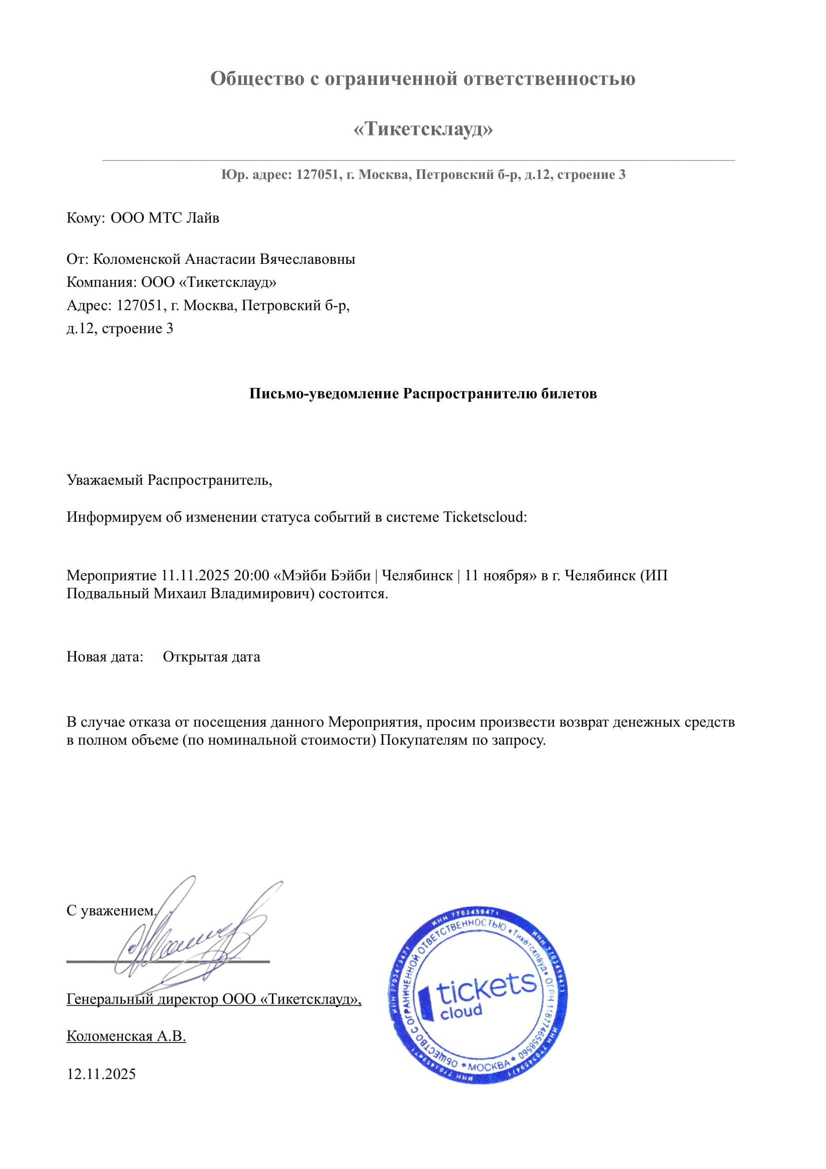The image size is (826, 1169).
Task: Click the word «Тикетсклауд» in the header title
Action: tap(423, 129)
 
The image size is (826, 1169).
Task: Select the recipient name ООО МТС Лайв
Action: tap(165, 218)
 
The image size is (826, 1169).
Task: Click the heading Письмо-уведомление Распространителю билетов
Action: tap(422, 393)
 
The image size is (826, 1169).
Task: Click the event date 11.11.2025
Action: tap(195, 576)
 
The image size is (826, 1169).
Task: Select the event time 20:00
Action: tap(251, 576)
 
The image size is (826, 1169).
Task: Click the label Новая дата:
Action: tap(105, 657)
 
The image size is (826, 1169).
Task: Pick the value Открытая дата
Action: tap(211, 657)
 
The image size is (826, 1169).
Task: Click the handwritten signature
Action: tap(193, 942)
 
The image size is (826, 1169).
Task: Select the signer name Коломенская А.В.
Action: tap(126, 1037)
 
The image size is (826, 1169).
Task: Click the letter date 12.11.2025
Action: tap(101, 1075)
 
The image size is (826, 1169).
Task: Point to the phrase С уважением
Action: tap(111, 911)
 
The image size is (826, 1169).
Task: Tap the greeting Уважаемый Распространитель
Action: tap(169, 480)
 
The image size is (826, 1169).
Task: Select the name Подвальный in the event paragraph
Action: tap(108, 594)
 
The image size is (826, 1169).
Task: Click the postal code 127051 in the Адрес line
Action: tap(139, 305)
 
